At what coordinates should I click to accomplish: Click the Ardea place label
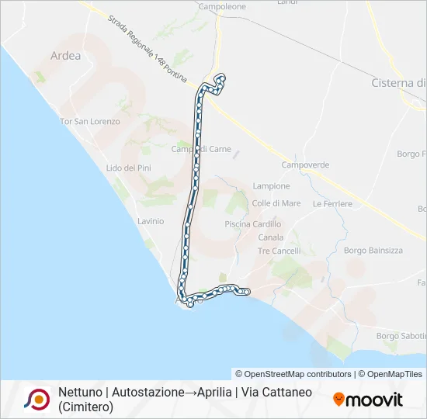point(65,56)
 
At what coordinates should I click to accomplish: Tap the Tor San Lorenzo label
point(90,122)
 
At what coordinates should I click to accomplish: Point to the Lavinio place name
point(151,221)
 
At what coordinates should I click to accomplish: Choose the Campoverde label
point(305,165)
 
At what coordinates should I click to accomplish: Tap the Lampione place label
point(271,186)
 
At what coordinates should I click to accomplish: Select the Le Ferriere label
point(332,204)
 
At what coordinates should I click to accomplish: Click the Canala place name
point(270,237)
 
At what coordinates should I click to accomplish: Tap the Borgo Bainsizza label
point(373,251)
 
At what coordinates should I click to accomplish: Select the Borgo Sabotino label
point(401,336)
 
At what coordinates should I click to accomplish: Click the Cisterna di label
point(398,83)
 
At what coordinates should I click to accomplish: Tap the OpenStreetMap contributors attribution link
point(293,374)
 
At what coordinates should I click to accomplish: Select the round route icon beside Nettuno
point(36,400)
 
